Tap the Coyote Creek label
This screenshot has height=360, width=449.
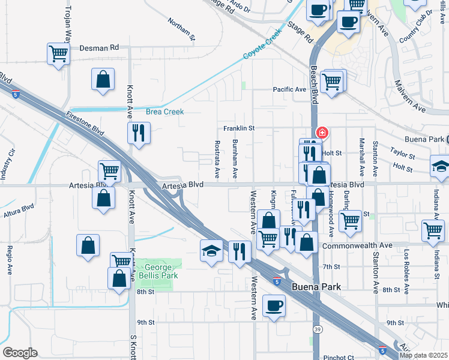pyautogui.click(x=262, y=46)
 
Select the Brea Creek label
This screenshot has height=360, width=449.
pyautogui.click(x=164, y=112)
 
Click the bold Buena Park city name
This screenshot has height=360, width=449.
pyautogui.click(x=316, y=287)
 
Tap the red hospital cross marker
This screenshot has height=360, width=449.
pyautogui.click(x=322, y=132)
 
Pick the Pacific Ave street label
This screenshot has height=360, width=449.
pyautogui.click(x=289, y=89)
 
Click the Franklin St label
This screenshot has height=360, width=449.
pyautogui.click(x=240, y=128)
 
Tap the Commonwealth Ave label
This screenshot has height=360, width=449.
pyautogui.click(x=357, y=245)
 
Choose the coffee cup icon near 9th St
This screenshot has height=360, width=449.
pyautogui.click(x=274, y=305)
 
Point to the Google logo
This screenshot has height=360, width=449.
pyautogui.click(x=20, y=352)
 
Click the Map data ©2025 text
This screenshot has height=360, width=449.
pyautogui.click(x=423, y=355)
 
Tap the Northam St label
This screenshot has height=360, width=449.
pyautogui.click(x=182, y=29)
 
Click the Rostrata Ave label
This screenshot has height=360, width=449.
pyautogui.click(x=217, y=160)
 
